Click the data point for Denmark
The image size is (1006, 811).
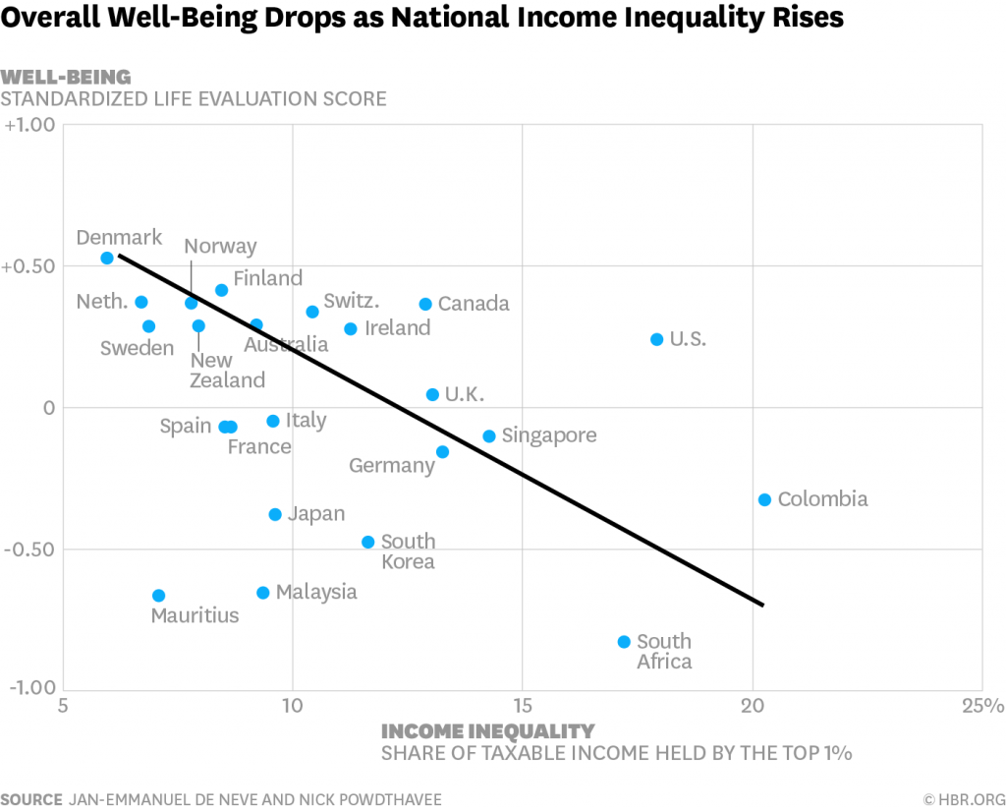tap(107, 258)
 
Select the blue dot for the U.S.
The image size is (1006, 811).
tap(657, 339)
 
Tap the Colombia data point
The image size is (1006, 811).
tap(765, 499)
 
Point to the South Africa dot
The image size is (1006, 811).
tap(624, 642)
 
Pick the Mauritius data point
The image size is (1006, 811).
tap(158, 596)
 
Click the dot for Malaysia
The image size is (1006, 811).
tap(263, 593)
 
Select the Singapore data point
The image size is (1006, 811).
tap(489, 435)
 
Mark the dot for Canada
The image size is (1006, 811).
tap(425, 304)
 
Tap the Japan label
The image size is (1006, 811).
tap(316, 514)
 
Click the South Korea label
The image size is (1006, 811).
tap(408, 551)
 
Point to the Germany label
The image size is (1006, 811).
tap(392, 466)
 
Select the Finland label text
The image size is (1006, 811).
tap(267, 278)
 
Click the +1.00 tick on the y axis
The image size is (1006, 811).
tap(30, 125)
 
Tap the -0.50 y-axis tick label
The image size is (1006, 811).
tap(31, 549)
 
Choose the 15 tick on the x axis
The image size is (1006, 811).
tap(522, 706)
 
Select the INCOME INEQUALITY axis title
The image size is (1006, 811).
tap(487, 731)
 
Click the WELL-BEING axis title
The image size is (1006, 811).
tap(66, 77)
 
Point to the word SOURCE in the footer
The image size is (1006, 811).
tap(31, 798)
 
